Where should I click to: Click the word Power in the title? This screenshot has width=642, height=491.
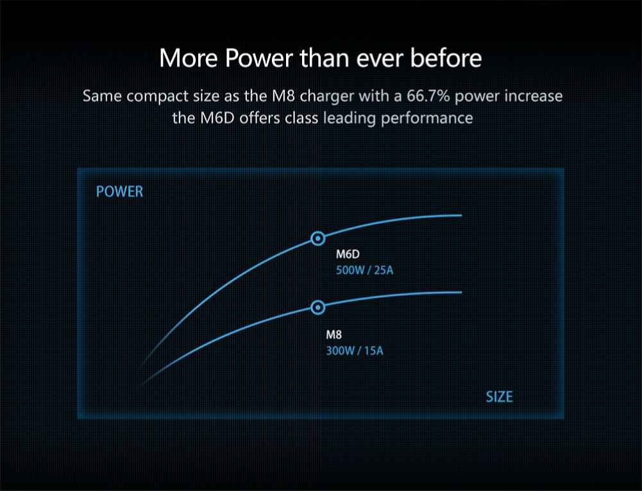(x=258, y=58)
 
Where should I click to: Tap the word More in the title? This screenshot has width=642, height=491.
(x=188, y=58)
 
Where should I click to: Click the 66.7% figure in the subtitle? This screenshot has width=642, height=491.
(x=428, y=96)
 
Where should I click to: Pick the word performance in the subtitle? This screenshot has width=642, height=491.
(x=427, y=119)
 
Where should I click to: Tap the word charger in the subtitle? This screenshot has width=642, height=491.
(x=326, y=97)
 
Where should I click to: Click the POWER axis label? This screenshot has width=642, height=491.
(x=119, y=191)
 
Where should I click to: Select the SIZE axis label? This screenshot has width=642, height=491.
(x=499, y=397)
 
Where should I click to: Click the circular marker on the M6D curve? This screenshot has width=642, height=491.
(x=317, y=239)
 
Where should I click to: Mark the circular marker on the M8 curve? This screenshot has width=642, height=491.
(x=317, y=307)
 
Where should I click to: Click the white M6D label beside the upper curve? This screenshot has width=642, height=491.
(x=348, y=254)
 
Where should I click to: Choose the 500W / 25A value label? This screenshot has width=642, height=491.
(x=364, y=270)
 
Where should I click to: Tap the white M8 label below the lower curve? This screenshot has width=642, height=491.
(x=334, y=335)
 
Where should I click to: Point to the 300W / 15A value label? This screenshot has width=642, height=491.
(x=355, y=351)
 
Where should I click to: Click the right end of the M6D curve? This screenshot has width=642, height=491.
(x=461, y=215)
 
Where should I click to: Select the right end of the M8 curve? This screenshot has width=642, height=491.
(x=461, y=292)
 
